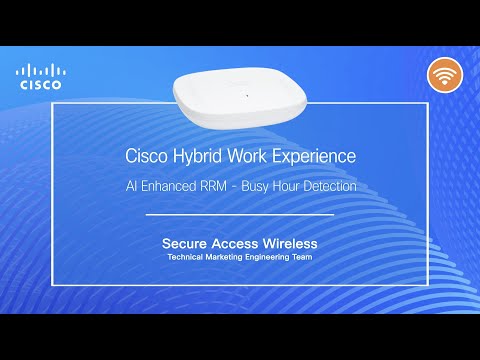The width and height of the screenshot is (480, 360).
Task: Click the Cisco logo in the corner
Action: tap(40, 76)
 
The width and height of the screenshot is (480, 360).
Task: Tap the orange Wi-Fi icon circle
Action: tap(445, 75)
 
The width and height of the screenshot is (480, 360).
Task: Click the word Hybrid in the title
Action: tap(204, 157)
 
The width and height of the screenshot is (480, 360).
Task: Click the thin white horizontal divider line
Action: tap(240, 214)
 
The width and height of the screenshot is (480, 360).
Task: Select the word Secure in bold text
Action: tap(185, 243)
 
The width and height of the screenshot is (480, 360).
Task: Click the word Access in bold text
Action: tap(235, 243)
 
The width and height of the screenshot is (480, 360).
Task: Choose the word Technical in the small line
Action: tap(187, 257)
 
